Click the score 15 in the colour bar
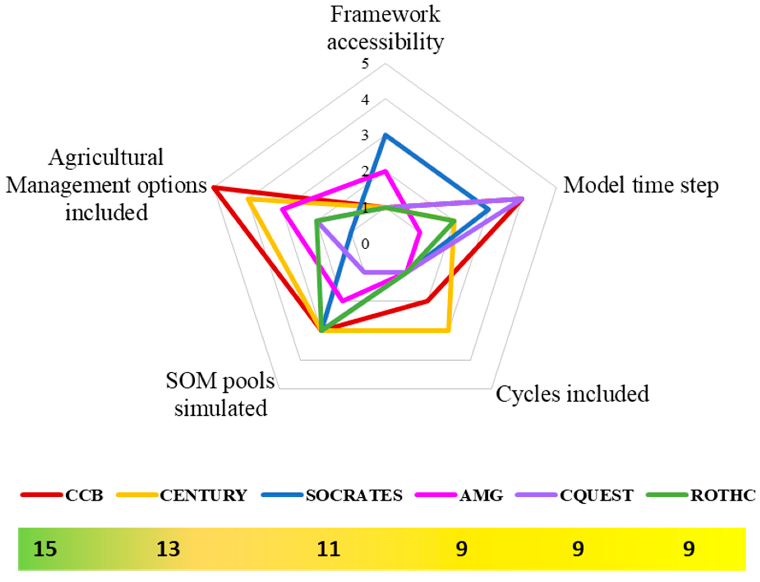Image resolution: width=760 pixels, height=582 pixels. pos(45,549)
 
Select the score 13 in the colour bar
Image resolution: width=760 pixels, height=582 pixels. pos(168,549)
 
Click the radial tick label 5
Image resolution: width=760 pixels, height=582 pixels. pos(365,64)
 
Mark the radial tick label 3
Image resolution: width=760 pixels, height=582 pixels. pos(365,135)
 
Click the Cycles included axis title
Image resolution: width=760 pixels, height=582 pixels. pos(572,394)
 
